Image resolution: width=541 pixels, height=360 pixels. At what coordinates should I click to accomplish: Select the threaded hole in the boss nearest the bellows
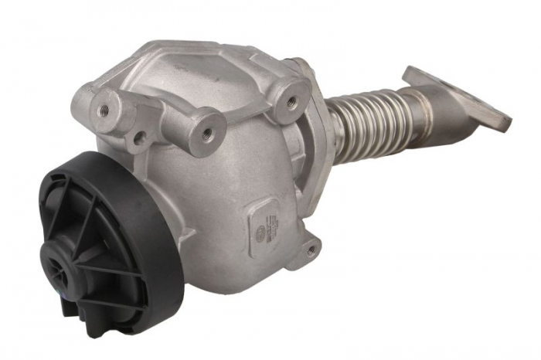coord(291,100)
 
